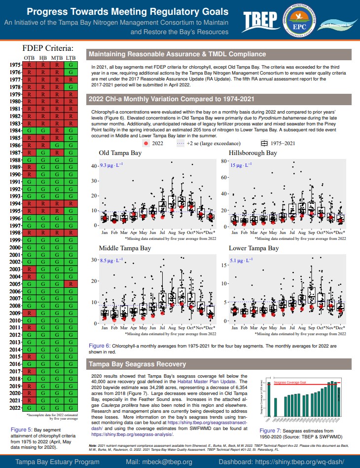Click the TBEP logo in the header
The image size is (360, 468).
pos(261,20)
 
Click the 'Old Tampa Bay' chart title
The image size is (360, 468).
pos(120,153)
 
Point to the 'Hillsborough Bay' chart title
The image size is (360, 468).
pos(253,153)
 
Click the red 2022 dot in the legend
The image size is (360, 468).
pos(145,143)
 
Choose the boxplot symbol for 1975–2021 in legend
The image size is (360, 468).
pos(264,143)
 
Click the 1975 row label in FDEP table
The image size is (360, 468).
pos(15,65)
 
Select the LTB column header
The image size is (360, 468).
pos(71,58)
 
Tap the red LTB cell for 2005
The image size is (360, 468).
pos(71,284)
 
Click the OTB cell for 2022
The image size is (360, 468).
pos(30,408)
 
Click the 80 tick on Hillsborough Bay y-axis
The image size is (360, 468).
pos(223,161)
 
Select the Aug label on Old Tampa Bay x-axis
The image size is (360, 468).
pos(172,232)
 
